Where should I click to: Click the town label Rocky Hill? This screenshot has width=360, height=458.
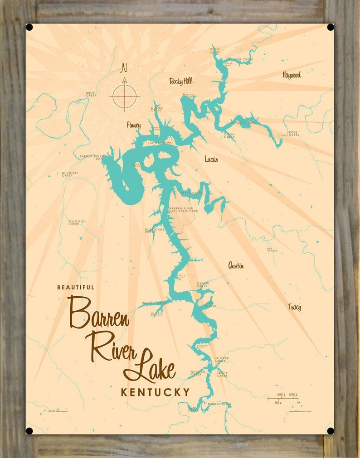tap(181, 82)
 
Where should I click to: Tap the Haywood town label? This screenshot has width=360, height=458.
tap(292, 75)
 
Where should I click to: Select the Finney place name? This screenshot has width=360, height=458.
tap(134, 125)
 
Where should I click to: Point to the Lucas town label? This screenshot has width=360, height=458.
tap(211, 159)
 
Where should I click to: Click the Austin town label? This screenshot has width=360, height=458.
tap(236, 265)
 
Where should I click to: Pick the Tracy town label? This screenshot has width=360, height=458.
tap(294, 307)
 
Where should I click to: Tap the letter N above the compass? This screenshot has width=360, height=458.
tap(123, 68)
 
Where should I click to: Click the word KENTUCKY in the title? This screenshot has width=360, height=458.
tap(155, 392)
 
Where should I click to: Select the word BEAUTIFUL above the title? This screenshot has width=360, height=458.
tap(76, 287)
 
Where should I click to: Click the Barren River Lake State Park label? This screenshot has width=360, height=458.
tap(184, 210)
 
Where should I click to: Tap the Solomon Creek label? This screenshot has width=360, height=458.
tap(77, 222)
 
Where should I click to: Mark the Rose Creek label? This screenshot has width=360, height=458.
tap(294, 133)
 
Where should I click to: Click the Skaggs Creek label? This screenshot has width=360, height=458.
tap(243, 122)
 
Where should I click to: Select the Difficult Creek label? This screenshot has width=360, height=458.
tap(70, 174)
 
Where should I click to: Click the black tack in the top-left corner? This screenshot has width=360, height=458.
tap(29, 27)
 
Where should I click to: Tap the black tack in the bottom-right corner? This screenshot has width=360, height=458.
tap(331, 431)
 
